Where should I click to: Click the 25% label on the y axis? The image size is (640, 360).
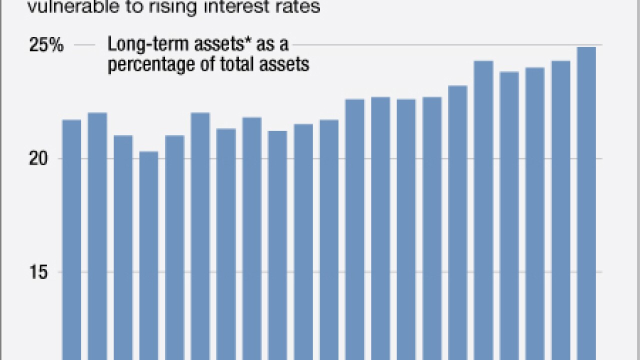coord(46,45)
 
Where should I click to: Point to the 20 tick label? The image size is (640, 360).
coord(52,159)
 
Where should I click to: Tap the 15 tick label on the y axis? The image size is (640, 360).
coord(53,272)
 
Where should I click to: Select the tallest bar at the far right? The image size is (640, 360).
coord(586,200)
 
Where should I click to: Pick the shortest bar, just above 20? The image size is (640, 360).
coord(148,250)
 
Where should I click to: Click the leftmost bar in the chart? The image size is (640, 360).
coord(71,235)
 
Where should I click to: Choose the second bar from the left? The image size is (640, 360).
coord(97,235)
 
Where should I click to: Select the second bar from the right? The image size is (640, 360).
coord(560,210)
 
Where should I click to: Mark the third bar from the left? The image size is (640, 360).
coord(123,245)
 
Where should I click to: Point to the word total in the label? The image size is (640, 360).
coord(239,64)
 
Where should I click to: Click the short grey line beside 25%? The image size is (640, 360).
coord(85,45)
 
